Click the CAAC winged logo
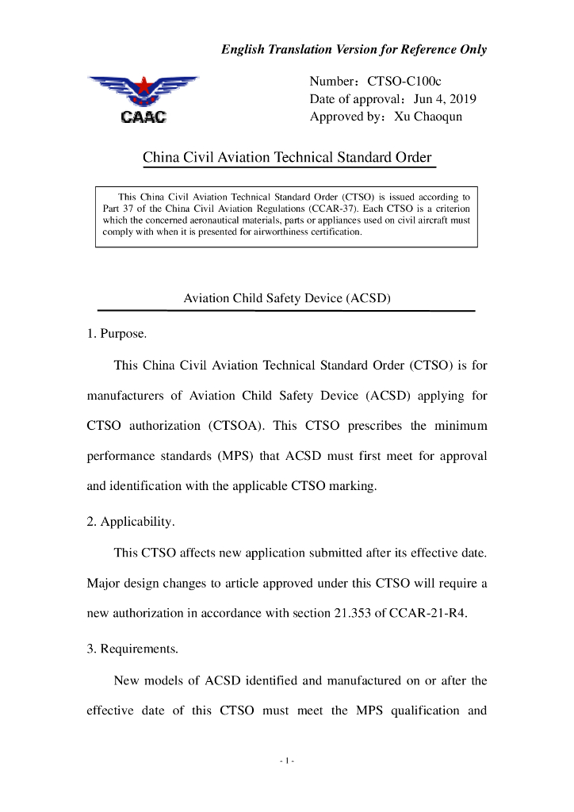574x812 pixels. tap(143, 99)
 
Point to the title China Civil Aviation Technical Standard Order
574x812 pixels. tap(287, 157)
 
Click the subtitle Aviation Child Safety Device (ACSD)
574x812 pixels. tap(287, 299)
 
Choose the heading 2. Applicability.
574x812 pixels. tap(130, 523)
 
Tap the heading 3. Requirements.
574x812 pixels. tap(132, 649)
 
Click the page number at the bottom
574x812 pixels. tap(287, 761)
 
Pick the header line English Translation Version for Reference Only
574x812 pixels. tap(354, 49)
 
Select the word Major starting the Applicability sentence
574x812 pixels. tap(103, 583)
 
